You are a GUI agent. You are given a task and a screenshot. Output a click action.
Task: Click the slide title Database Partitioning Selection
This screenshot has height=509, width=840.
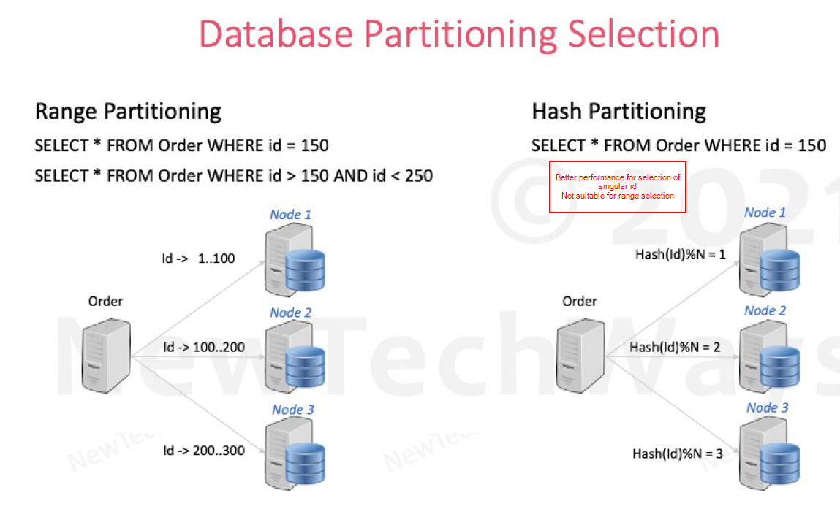(x=459, y=34)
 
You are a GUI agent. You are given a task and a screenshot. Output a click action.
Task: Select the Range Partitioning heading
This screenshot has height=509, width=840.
(x=128, y=112)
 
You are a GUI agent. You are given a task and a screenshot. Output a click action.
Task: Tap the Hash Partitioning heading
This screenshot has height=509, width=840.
(x=618, y=112)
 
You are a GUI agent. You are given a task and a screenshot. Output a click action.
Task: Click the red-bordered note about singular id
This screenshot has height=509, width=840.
(x=618, y=187)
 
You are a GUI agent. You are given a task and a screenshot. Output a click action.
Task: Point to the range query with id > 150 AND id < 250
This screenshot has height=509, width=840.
(x=234, y=175)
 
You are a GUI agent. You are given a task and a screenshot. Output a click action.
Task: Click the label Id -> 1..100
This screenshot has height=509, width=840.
(x=198, y=258)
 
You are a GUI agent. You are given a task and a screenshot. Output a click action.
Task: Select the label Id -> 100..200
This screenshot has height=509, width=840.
(x=204, y=346)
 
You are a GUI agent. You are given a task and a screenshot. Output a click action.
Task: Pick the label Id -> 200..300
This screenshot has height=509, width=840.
(x=204, y=451)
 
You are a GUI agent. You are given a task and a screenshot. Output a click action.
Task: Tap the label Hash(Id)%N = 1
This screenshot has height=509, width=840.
(x=680, y=254)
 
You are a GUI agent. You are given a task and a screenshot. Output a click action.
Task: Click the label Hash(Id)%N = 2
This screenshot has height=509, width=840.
(x=675, y=347)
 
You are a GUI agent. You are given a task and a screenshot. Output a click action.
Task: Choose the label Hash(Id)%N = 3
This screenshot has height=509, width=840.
(x=677, y=453)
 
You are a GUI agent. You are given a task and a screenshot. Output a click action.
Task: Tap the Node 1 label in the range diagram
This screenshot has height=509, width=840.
(x=290, y=214)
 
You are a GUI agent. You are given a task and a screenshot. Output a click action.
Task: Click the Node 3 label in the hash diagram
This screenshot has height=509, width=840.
(x=767, y=407)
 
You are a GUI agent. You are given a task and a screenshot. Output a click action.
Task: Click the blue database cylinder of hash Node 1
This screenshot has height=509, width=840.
(x=779, y=270)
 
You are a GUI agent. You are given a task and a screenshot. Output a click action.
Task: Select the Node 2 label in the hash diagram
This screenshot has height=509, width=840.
(x=765, y=310)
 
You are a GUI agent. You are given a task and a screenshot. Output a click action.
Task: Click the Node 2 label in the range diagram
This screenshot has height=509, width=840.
(x=290, y=313)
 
